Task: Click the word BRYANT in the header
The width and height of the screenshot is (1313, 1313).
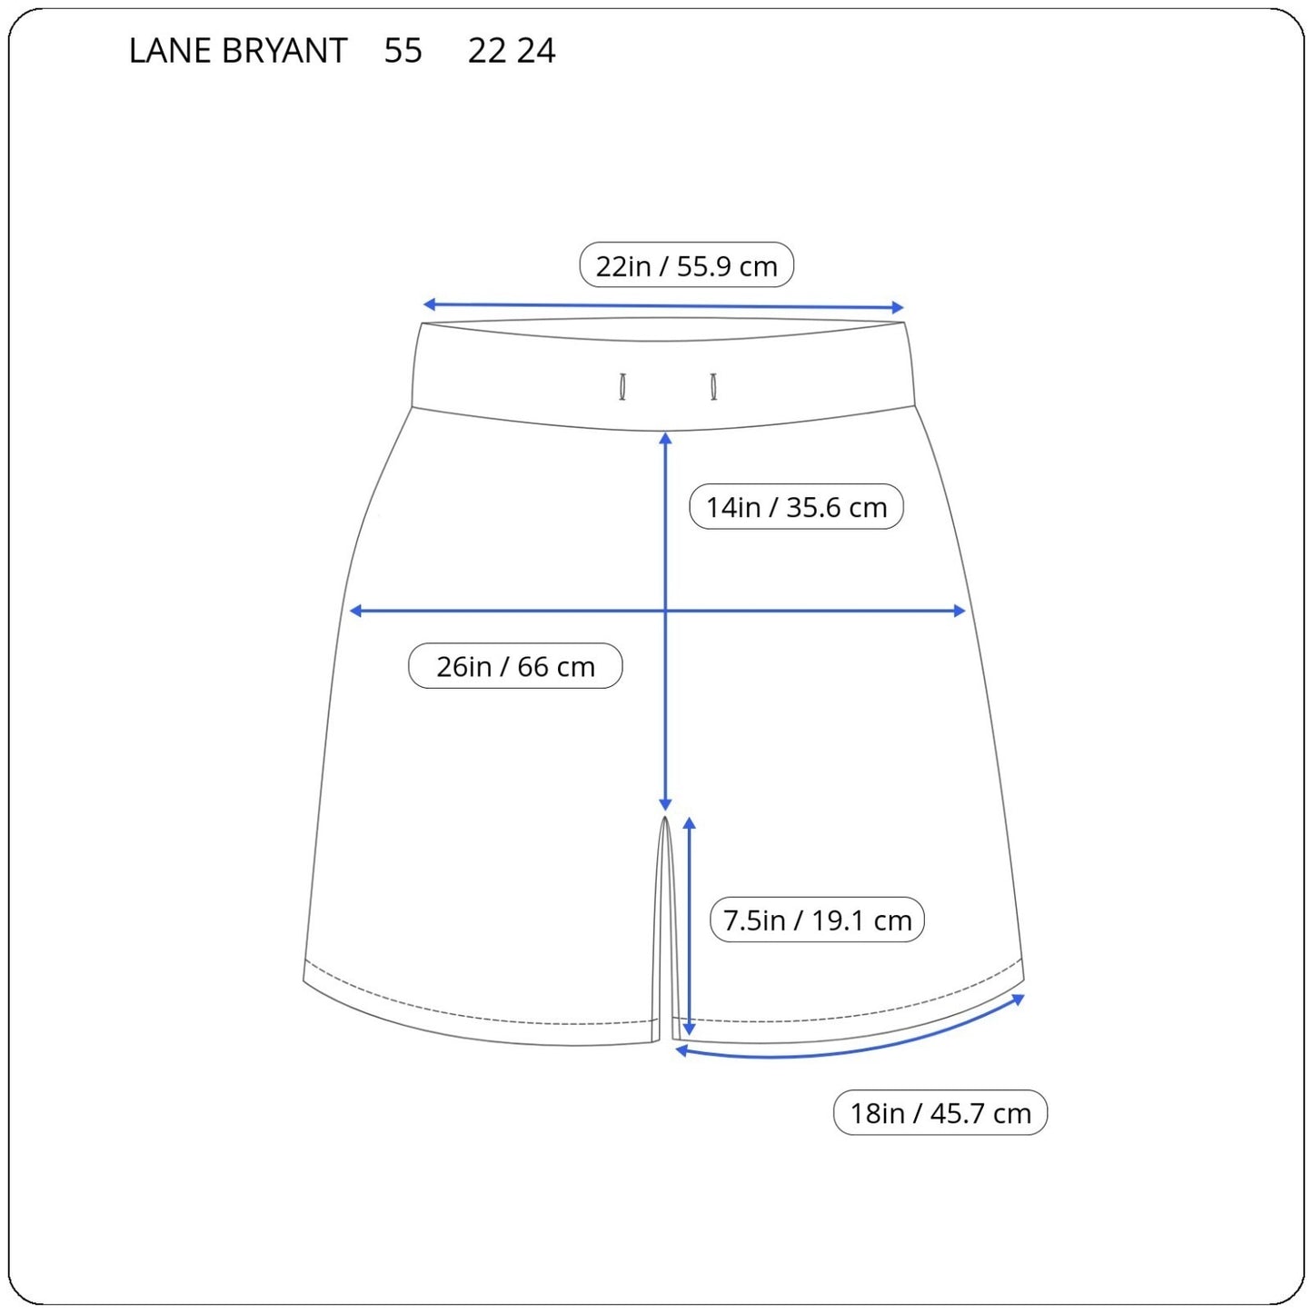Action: tap(284, 51)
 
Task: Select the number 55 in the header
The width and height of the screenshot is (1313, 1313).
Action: tap(403, 51)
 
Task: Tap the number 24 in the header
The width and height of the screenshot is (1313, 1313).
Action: tap(536, 51)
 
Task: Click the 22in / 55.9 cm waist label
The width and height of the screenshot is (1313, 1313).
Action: tap(686, 265)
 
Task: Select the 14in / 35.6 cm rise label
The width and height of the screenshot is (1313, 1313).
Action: tap(796, 506)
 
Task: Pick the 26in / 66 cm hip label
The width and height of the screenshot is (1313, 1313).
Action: tap(515, 666)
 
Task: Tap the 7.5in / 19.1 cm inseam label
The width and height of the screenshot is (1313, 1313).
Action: tap(817, 920)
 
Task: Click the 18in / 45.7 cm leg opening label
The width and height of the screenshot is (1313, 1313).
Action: tap(940, 1113)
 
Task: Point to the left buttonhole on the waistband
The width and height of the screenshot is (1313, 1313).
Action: tap(622, 386)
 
